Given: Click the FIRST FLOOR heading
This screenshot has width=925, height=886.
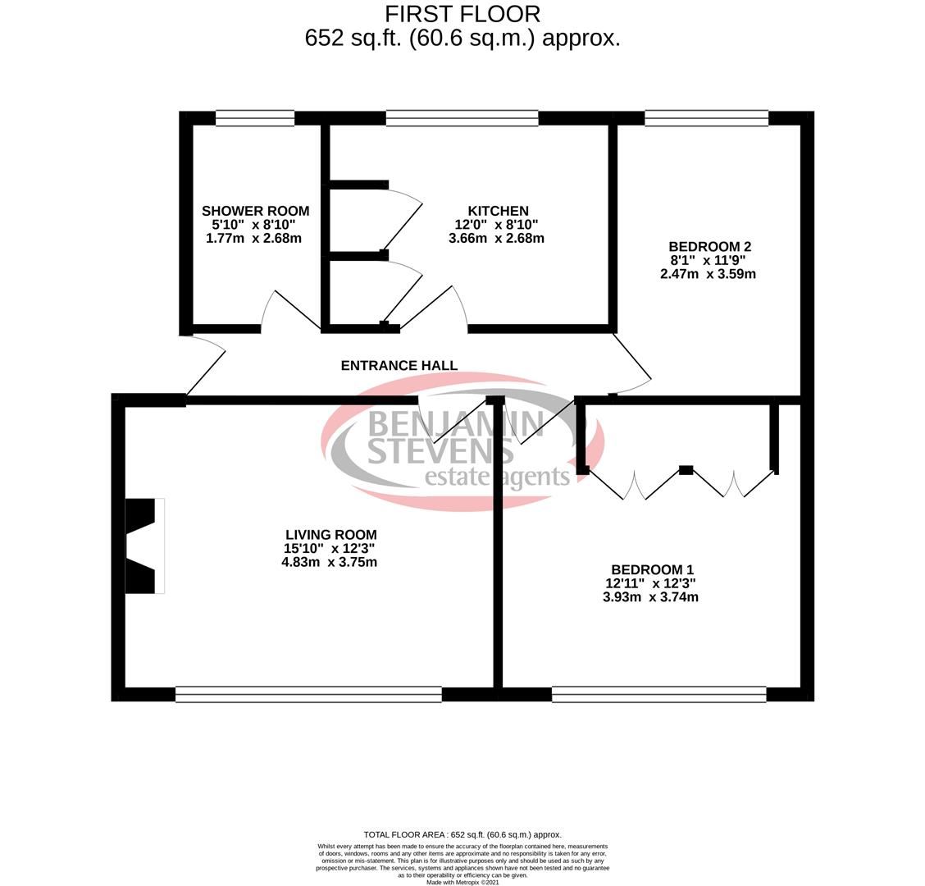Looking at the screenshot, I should point(462,14).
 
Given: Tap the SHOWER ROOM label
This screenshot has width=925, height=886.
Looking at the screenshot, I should point(255,211).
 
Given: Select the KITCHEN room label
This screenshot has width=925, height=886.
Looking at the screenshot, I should point(498,211).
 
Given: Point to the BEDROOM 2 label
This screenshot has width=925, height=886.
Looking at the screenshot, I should point(709,246).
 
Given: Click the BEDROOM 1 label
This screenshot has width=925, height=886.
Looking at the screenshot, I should point(652,569).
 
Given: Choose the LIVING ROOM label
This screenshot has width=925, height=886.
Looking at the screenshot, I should point(330,535).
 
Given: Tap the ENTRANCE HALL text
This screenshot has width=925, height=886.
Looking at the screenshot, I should point(399,365).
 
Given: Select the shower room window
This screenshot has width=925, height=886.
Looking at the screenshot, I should point(254,118).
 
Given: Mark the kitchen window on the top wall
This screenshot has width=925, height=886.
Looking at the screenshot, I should point(462,118).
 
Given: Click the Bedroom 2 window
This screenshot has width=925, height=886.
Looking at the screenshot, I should point(706,118).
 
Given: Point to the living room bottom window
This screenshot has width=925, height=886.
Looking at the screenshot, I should point(308,695).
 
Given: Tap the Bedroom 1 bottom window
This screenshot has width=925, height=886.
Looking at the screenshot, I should point(658,695).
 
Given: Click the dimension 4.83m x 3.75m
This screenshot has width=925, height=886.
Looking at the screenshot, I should point(329,562).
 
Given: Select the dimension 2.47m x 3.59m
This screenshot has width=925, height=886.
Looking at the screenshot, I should point(708,274).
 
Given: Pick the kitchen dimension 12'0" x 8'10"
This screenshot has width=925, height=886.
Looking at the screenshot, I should point(496,225).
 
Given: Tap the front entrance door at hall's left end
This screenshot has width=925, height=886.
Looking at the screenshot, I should point(205,369).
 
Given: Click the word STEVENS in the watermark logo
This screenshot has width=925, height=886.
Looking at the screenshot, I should point(440,450).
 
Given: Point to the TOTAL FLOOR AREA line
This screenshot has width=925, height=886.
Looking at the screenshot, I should point(462,834).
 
